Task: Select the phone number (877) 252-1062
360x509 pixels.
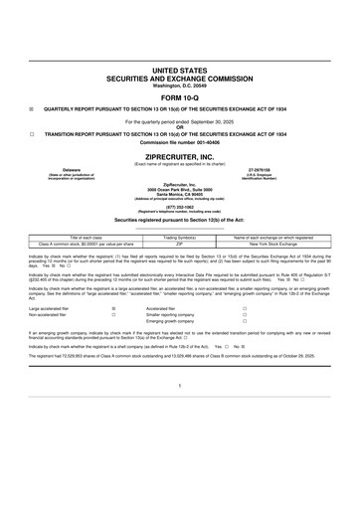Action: click(x=180, y=208)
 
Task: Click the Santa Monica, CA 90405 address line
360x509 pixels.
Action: click(x=180, y=194)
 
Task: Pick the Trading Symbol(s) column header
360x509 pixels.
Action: click(x=180, y=238)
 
